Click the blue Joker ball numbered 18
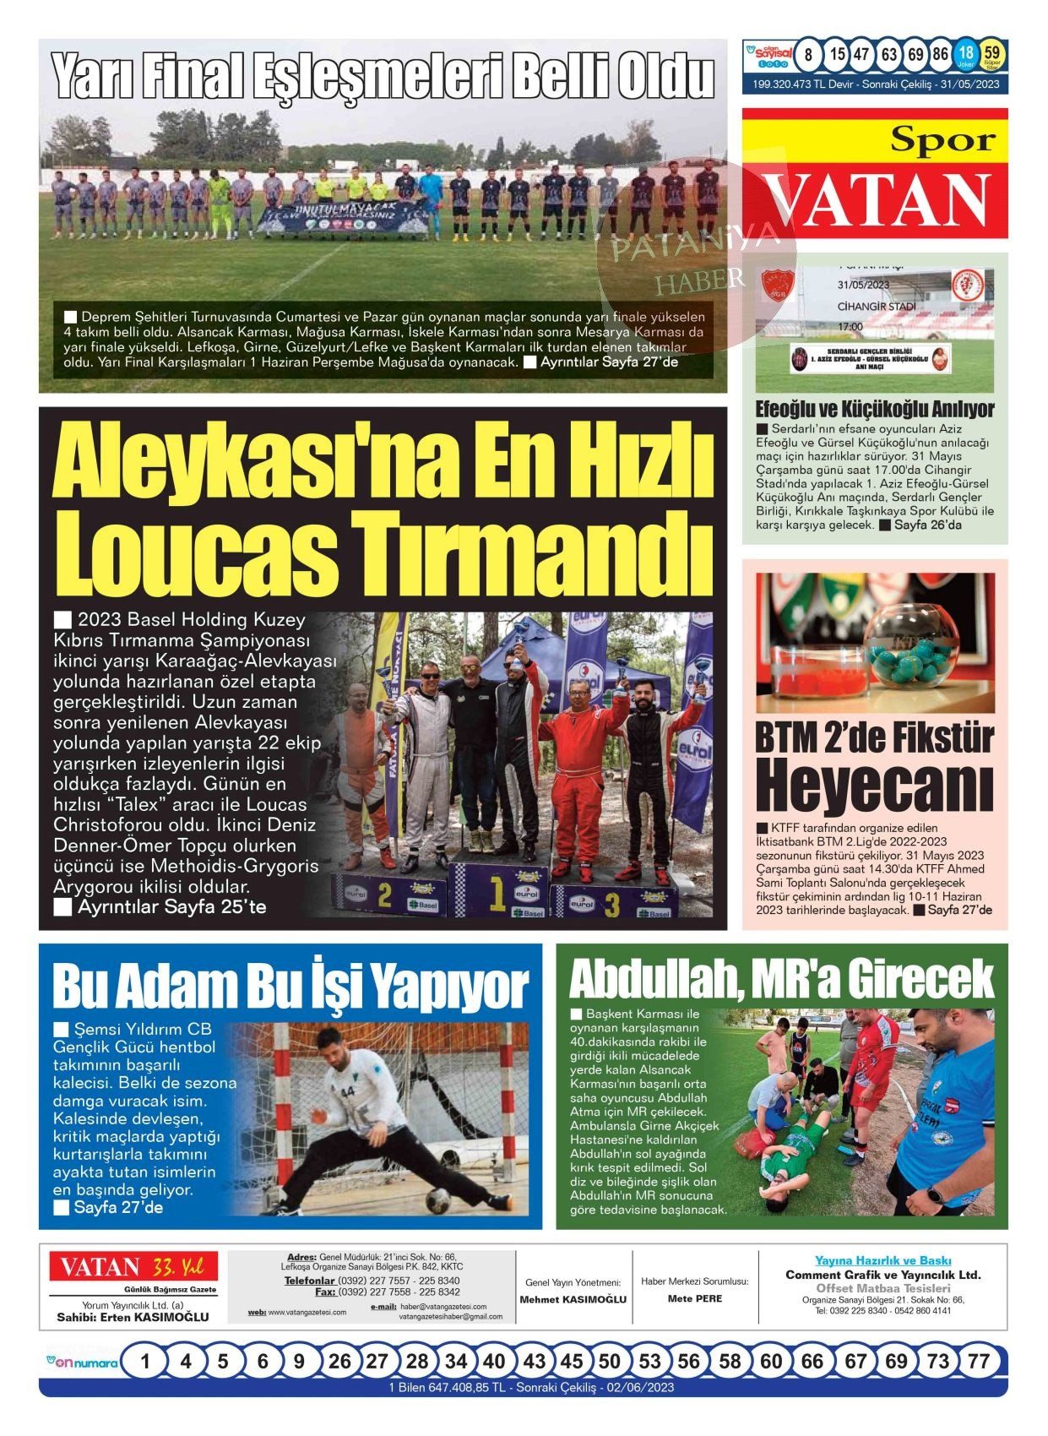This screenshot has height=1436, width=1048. [x=966, y=55]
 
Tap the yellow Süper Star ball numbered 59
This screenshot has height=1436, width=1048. [x=993, y=55]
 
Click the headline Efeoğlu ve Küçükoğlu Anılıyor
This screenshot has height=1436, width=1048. [x=874, y=410]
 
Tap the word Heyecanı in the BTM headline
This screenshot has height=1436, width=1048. [x=874, y=785]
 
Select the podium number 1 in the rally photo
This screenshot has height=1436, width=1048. [x=497, y=890]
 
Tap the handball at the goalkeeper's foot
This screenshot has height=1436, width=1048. [x=437, y=1199]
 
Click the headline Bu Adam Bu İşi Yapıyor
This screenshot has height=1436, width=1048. [x=290, y=986]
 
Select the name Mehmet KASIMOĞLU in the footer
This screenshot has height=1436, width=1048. [x=573, y=1299]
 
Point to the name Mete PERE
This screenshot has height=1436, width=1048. [x=695, y=1298]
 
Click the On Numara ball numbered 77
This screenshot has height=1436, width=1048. [x=978, y=1361]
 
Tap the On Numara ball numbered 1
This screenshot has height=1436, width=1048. [x=146, y=1361]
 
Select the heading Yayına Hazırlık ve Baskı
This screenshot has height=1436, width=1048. [x=882, y=1260]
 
